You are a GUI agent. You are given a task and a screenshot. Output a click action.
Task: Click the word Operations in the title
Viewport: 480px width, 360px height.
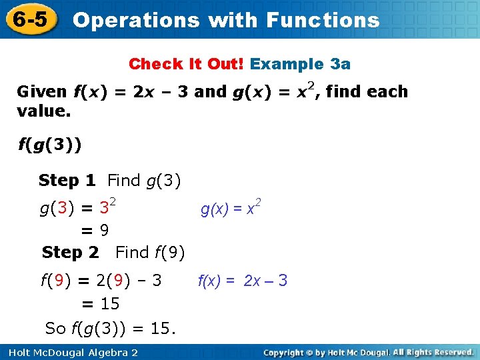click(x=135, y=20)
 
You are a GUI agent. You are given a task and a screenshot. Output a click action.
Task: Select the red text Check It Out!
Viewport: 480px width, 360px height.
click(x=187, y=64)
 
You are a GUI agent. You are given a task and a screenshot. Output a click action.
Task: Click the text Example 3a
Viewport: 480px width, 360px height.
click(x=301, y=64)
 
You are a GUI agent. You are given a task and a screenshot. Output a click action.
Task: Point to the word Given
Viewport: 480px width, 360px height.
click(x=41, y=92)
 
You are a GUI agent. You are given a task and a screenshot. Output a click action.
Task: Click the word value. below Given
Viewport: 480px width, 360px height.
click(x=43, y=111)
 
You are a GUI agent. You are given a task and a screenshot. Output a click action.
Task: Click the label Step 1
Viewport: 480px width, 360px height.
click(x=67, y=180)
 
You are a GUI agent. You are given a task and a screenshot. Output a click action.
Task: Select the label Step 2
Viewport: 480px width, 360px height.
click(x=70, y=253)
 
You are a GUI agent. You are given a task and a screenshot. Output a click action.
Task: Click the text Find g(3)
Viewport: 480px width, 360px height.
click(x=145, y=180)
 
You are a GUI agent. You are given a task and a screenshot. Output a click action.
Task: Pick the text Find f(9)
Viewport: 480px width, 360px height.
click(x=150, y=253)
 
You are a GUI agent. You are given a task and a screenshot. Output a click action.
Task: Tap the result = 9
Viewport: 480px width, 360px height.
click(x=95, y=231)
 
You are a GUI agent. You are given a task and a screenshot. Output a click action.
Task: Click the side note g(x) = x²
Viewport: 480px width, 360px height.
click(x=231, y=209)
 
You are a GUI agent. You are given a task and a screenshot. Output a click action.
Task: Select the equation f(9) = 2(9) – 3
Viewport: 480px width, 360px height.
click(x=101, y=280)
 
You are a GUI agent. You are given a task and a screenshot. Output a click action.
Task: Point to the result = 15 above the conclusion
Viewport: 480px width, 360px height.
click(x=100, y=304)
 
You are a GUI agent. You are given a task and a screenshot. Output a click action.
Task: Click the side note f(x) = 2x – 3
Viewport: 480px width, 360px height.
click(x=243, y=281)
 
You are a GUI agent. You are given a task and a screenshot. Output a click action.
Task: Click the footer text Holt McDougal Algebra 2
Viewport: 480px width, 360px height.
click(x=71, y=352)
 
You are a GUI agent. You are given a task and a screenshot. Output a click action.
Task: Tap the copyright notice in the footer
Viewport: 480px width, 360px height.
click(x=369, y=352)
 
